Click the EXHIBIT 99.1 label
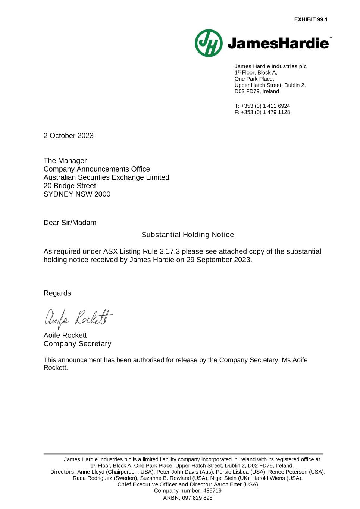310,19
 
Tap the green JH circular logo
209,43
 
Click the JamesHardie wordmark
278,44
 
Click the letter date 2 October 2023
69,136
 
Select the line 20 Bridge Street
70,186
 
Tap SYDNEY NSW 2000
77,194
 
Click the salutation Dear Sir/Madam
70,223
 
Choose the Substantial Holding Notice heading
188,235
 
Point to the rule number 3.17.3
170,251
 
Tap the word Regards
57,293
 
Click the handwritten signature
78,318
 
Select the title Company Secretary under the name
77,343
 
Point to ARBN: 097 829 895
188,498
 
